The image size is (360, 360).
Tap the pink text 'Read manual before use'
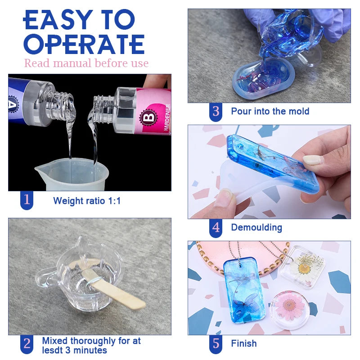(86, 63)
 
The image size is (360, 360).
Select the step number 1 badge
(27, 200)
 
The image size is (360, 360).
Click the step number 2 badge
(27, 344)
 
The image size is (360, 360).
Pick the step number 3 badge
(216, 111)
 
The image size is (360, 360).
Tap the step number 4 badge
(216, 227)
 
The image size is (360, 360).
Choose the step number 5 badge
(216, 344)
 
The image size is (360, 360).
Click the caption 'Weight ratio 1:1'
(87, 201)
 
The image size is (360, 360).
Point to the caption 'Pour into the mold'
(270, 111)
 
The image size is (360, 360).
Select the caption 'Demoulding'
(256, 228)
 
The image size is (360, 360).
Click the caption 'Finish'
(244, 344)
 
